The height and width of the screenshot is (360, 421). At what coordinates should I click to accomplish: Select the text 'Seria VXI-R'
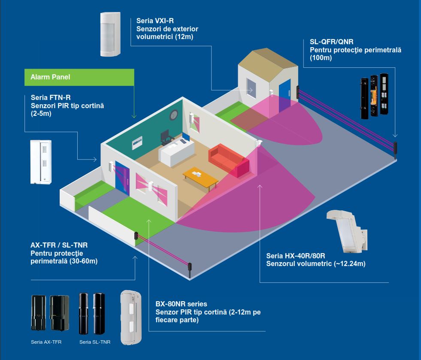[154, 20]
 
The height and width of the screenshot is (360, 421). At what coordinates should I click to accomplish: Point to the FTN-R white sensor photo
[41, 162]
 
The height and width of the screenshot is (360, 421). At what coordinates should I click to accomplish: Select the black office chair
[165, 137]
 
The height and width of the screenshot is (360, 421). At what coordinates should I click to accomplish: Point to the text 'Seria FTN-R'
[48, 97]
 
